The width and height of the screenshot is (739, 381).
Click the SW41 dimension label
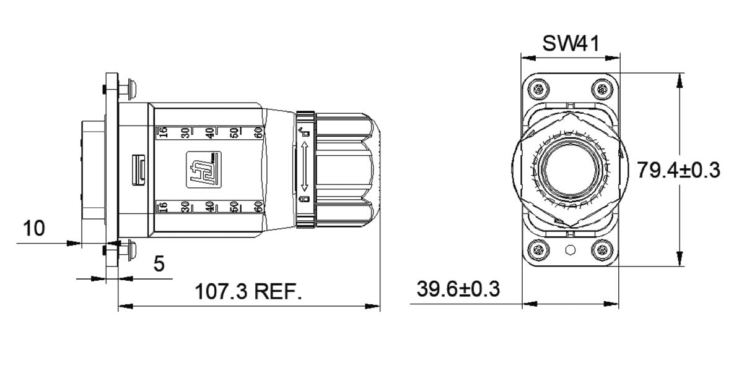[571, 44]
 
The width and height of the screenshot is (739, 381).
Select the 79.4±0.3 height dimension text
[679, 171]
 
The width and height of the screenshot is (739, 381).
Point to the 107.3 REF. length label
[248, 290]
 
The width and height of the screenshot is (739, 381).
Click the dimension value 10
[34, 228]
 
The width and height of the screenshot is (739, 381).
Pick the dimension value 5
[159, 264]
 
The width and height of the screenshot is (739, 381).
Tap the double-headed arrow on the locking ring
[305, 168]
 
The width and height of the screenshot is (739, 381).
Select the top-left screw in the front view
[538, 89]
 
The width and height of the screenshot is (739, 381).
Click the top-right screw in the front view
[604, 89]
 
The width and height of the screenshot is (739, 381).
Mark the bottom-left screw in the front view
[538, 250]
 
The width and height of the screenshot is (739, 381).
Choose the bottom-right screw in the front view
[604, 250]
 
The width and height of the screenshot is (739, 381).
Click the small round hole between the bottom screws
[571, 250]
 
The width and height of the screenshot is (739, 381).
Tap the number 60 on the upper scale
[259, 132]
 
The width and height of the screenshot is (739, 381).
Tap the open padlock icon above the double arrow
[304, 132]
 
